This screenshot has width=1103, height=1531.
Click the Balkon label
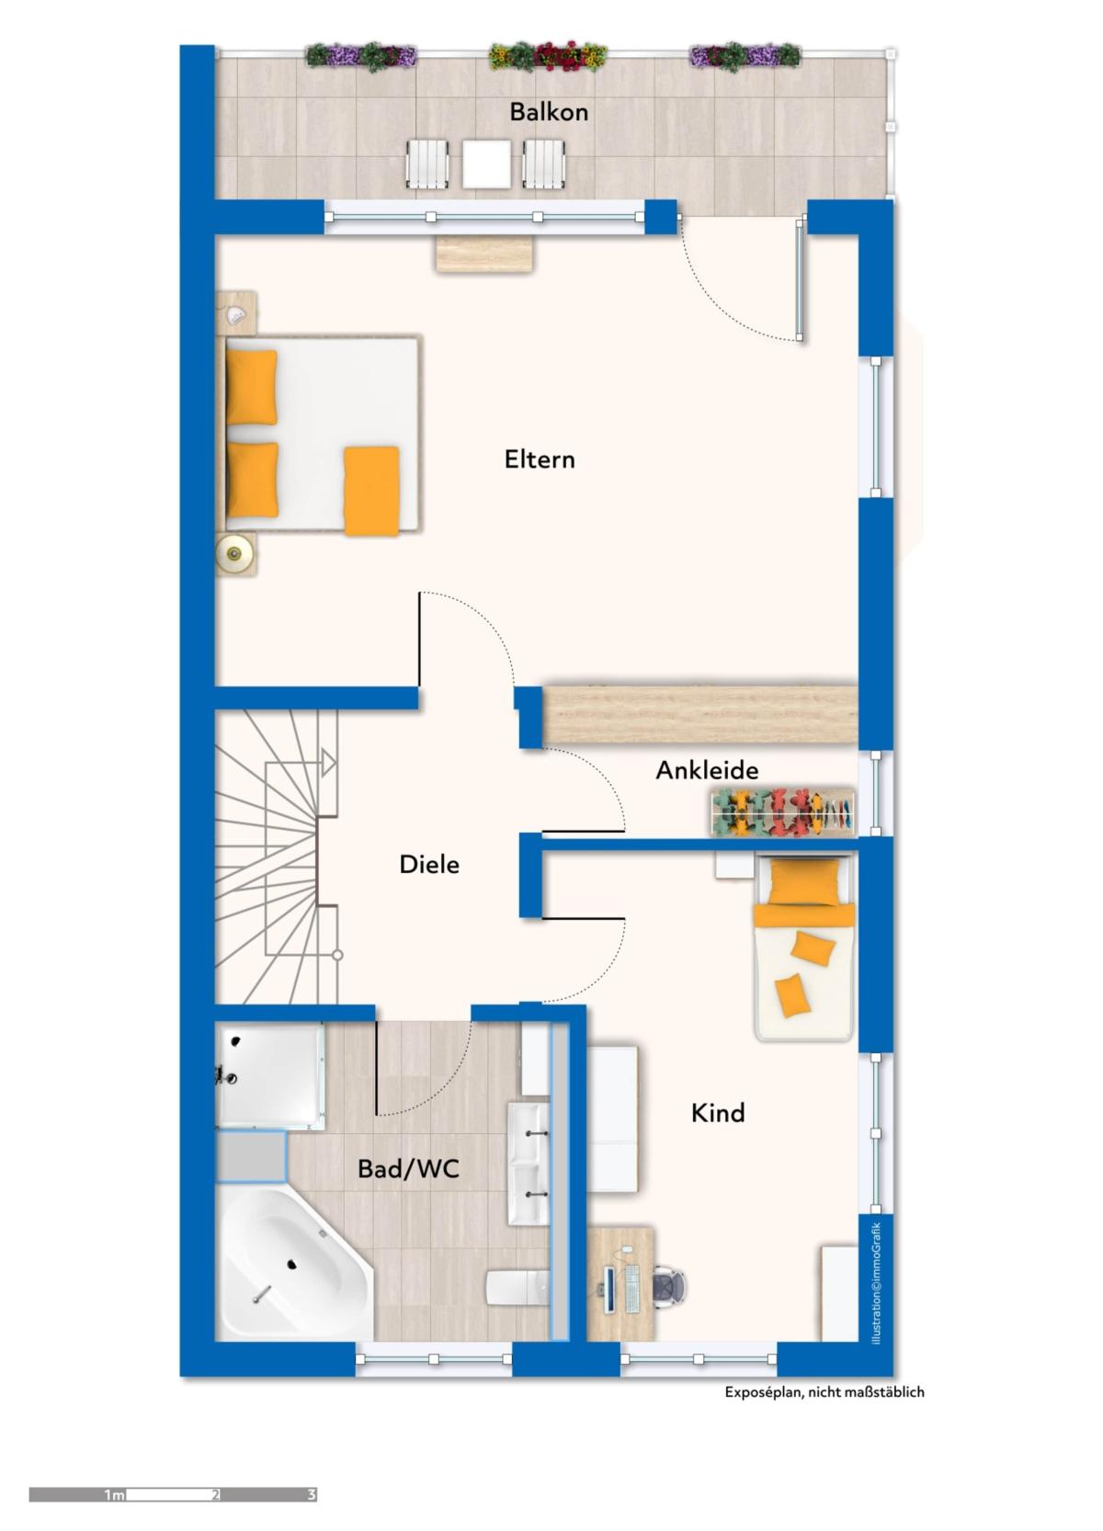pos(549,111)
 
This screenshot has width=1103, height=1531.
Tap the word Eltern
pos(540,459)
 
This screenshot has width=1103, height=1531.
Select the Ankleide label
pos(707,770)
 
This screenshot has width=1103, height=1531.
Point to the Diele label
pos(429,864)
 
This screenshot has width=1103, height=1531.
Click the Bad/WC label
pos(408,1169)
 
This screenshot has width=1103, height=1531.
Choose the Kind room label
pos(718,1113)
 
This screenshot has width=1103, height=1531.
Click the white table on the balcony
pos(486,164)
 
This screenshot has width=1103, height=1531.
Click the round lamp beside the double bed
pos(234,552)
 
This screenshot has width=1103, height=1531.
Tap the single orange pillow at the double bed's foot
pos(371,491)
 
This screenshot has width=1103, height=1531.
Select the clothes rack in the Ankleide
pos(784,812)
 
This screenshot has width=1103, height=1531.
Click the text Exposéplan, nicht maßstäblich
pos(824,1391)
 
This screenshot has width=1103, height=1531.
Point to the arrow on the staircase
pos(328,763)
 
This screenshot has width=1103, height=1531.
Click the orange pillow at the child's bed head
pos(805,881)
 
